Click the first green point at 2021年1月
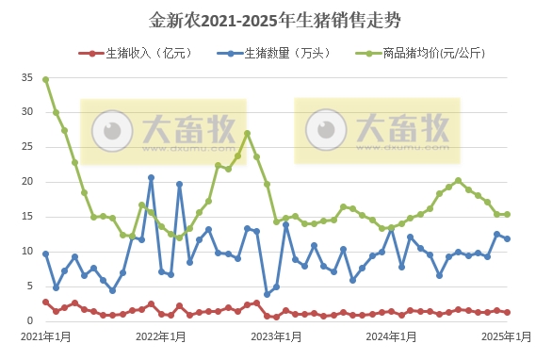tap(45, 79)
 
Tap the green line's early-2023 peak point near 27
tap(247, 133)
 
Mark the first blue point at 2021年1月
tap(45, 254)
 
